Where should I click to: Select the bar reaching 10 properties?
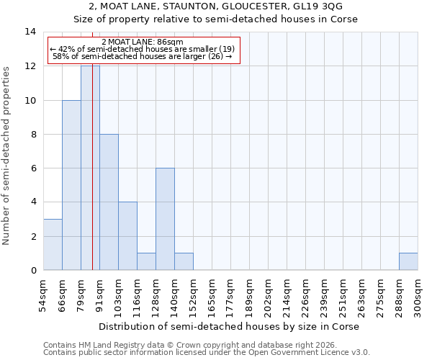click(71, 185)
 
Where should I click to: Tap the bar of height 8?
click(109, 202)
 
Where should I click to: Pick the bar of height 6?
click(165, 219)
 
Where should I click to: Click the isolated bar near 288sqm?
click(408, 261)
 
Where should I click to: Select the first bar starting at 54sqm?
click(53, 244)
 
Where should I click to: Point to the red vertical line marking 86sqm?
click(93, 180)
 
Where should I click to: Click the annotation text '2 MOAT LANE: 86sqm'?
click(143, 42)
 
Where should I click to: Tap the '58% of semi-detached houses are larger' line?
click(143, 56)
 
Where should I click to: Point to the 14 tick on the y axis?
click(31, 32)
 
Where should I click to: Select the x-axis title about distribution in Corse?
click(229, 326)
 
